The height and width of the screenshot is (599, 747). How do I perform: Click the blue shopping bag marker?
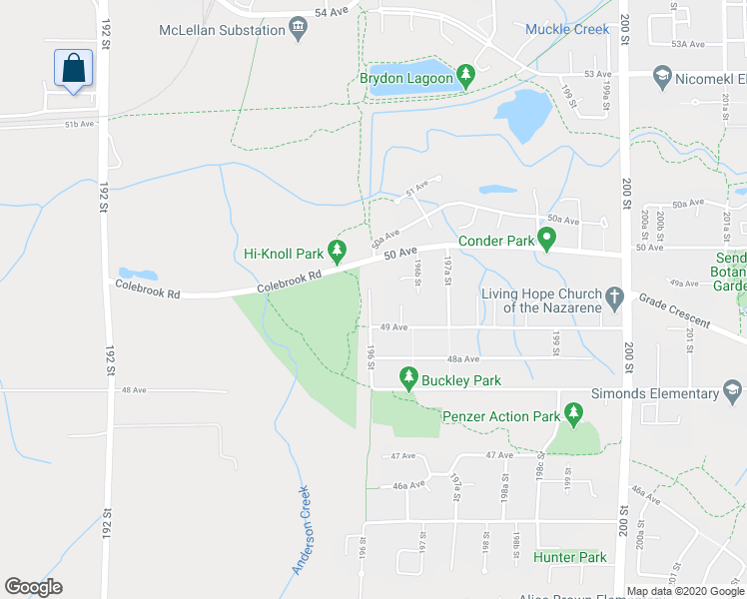(x=73, y=68)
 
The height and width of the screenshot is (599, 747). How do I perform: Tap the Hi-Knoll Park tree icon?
(x=339, y=251)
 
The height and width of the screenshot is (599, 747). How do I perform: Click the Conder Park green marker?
(x=546, y=238)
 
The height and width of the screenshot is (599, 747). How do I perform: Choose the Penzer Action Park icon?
(x=573, y=412)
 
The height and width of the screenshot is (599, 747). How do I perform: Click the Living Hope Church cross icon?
(x=614, y=295)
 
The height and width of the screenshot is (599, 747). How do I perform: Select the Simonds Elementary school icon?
(x=732, y=390)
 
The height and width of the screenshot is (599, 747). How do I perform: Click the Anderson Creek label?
(x=302, y=529)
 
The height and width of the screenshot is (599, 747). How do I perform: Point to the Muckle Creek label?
(x=567, y=29)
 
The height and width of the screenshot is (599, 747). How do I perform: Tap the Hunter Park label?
(x=569, y=557)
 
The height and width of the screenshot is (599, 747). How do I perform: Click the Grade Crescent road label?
(x=675, y=311)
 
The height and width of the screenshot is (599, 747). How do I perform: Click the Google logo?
(x=33, y=586)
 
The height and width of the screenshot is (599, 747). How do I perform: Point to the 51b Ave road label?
(x=79, y=124)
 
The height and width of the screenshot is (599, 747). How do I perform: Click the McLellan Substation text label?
(x=222, y=30)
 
